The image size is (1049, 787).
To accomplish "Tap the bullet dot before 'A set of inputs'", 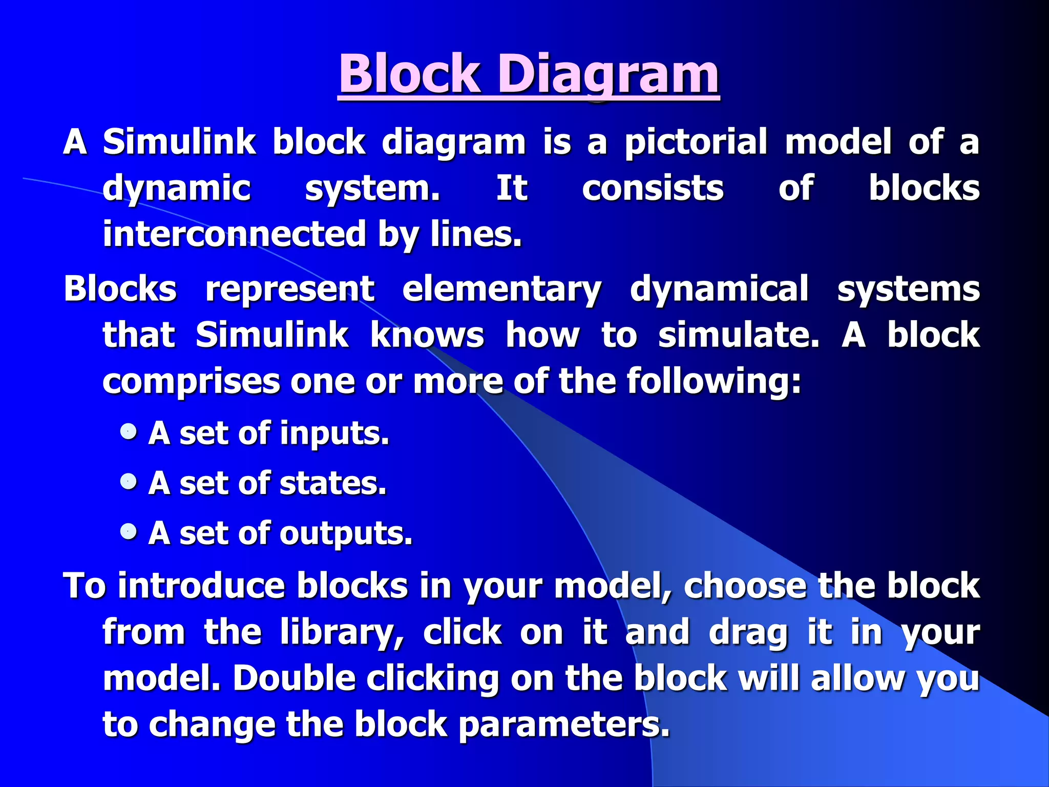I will pyautogui.click(x=129, y=431).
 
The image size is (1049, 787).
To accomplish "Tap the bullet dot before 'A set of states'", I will pyautogui.click(x=129, y=481).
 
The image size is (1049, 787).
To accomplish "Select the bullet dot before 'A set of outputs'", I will pyautogui.click(x=129, y=531).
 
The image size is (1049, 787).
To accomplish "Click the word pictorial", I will pyautogui.click(x=696, y=142).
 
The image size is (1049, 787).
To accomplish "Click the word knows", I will pyautogui.click(x=427, y=335).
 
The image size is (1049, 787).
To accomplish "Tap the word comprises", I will pyautogui.click(x=191, y=382).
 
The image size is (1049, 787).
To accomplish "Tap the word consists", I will pyautogui.click(x=653, y=188).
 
